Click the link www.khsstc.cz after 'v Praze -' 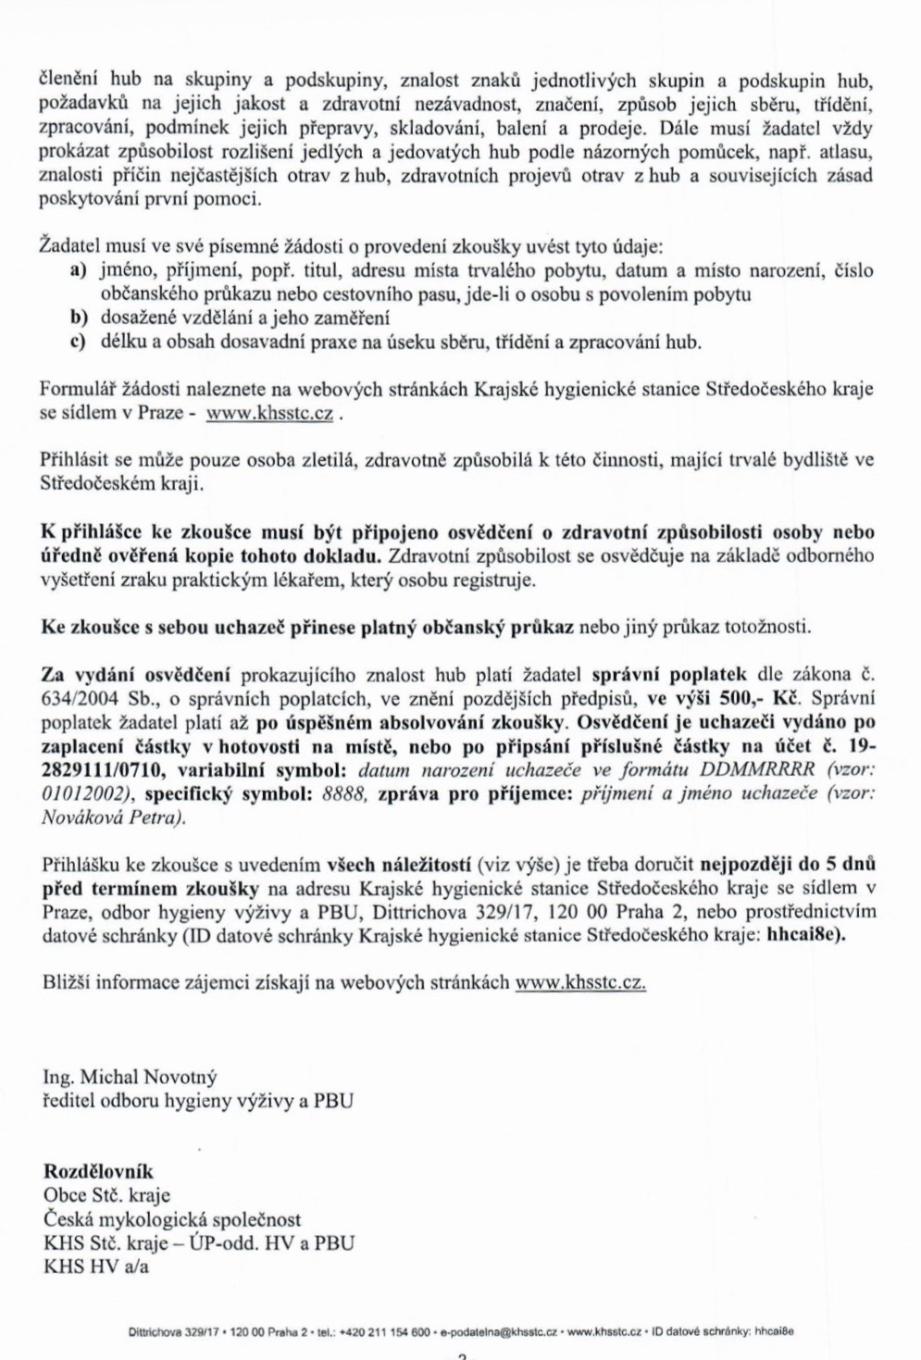point(268,413)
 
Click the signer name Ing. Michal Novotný point(130,1078)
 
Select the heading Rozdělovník point(98,1172)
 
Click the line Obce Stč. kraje point(106,1196)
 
